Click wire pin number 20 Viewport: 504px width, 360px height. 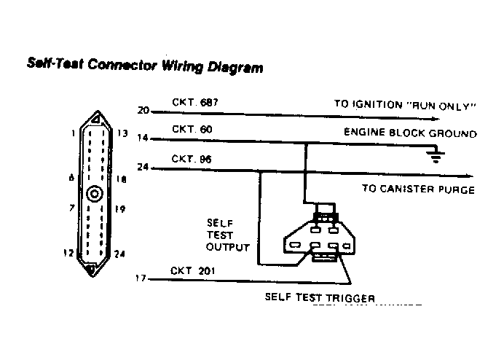point(142,111)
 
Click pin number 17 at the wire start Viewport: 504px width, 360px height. point(141,278)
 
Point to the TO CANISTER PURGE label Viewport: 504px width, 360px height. point(418,189)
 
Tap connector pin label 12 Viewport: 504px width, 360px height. point(68,252)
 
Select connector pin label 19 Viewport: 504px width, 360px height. point(122,208)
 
